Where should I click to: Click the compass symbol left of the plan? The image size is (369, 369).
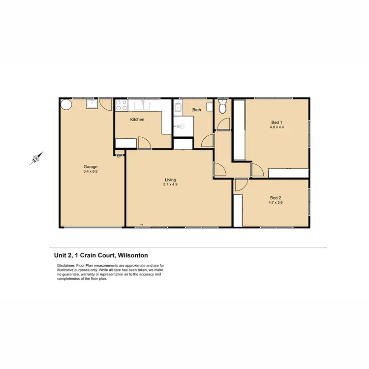click(35, 158)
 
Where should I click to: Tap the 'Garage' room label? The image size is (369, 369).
click(91, 166)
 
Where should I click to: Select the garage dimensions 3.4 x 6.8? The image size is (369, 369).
click(91, 171)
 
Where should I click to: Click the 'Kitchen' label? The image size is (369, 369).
click(137, 120)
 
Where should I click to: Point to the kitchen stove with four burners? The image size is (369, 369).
click(121, 105)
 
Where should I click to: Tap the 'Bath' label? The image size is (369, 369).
click(197, 110)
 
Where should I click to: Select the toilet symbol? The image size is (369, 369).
click(222, 107)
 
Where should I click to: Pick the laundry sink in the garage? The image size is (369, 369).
click(91, 103)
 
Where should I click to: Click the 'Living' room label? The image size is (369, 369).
click(170, 180)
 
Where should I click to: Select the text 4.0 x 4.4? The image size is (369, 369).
click(277, 127)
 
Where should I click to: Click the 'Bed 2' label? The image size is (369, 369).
click(275, 197)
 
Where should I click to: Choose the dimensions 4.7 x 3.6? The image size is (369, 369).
click(275, 202)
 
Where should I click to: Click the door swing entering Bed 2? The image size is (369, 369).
click(240, 185)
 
